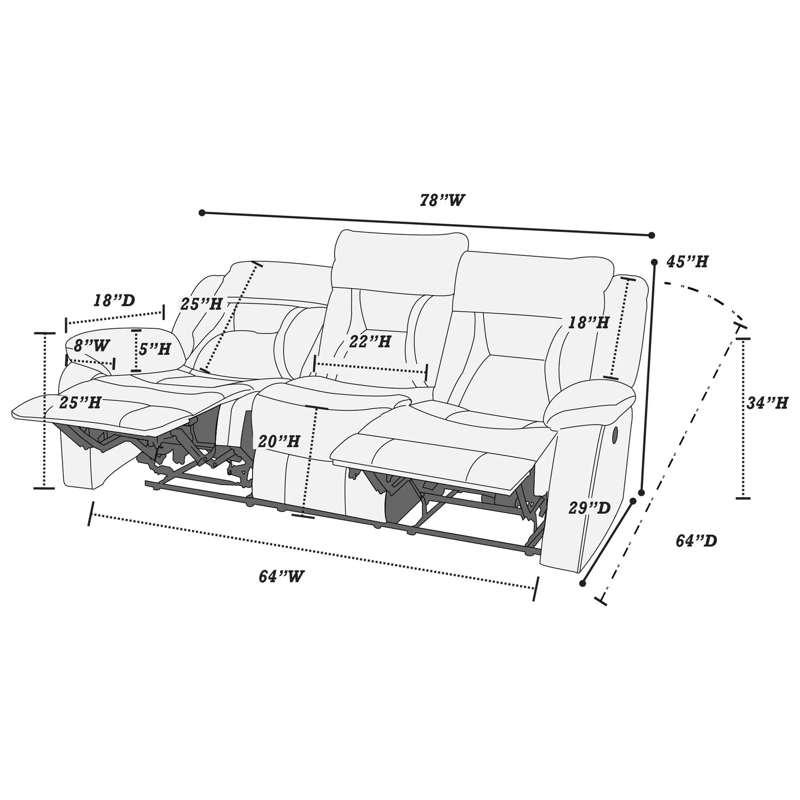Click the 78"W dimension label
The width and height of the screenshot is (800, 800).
[x=441, y=200]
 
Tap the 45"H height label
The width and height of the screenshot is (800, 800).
[x=687, y=262]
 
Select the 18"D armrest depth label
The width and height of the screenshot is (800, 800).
[x=114, y=301]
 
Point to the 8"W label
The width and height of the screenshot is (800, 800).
[x=91, y=345]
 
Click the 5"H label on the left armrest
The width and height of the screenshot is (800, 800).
[x=154, y=349]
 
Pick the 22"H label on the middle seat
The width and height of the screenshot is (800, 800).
[x=370, y=342]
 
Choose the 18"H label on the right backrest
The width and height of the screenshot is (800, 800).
[x=588, y=322]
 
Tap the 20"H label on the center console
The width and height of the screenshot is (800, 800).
[x=279, y=441]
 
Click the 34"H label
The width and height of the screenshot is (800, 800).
[x=767, y=404]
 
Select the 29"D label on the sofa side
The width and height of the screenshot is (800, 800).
[x=589, y=508]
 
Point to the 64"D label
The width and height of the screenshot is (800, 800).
[x=696, y=540]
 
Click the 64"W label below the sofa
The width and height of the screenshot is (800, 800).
[x=281, y=576]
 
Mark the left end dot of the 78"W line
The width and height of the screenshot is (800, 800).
[x=202, y=213]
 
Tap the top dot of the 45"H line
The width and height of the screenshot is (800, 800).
[x=655, y=262]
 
